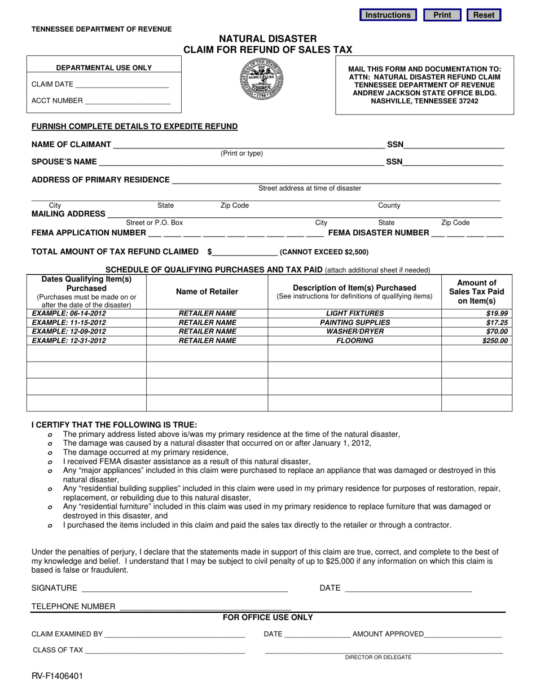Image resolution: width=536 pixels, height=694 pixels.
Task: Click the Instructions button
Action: [388, 15]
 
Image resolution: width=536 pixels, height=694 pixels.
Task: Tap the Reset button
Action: [484, 15]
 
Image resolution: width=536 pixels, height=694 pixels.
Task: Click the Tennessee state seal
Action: [262, 80]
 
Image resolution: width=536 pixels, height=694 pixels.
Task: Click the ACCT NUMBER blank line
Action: [127, 101]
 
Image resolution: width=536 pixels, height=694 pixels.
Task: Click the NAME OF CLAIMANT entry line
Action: [248, 144]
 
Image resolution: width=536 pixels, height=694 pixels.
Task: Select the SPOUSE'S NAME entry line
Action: [241, 162]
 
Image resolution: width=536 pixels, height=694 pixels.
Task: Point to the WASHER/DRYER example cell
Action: [354, 331]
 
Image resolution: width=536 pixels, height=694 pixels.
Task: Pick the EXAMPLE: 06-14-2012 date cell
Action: [69, 313]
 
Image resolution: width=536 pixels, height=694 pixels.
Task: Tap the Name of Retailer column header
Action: [207, 292]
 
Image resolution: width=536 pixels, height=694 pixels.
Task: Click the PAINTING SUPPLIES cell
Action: [354, 322]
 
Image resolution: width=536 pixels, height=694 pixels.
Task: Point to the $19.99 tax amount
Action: [498, 313]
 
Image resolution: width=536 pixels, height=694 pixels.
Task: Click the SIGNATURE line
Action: [184, 588]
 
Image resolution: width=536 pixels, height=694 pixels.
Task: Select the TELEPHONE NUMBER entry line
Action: [205, 607]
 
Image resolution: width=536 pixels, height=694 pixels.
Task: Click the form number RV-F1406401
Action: [57, 675]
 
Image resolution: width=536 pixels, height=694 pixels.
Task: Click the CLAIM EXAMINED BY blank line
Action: [174, 634]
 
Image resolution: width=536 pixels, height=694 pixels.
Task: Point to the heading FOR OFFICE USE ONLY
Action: [267, 617]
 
